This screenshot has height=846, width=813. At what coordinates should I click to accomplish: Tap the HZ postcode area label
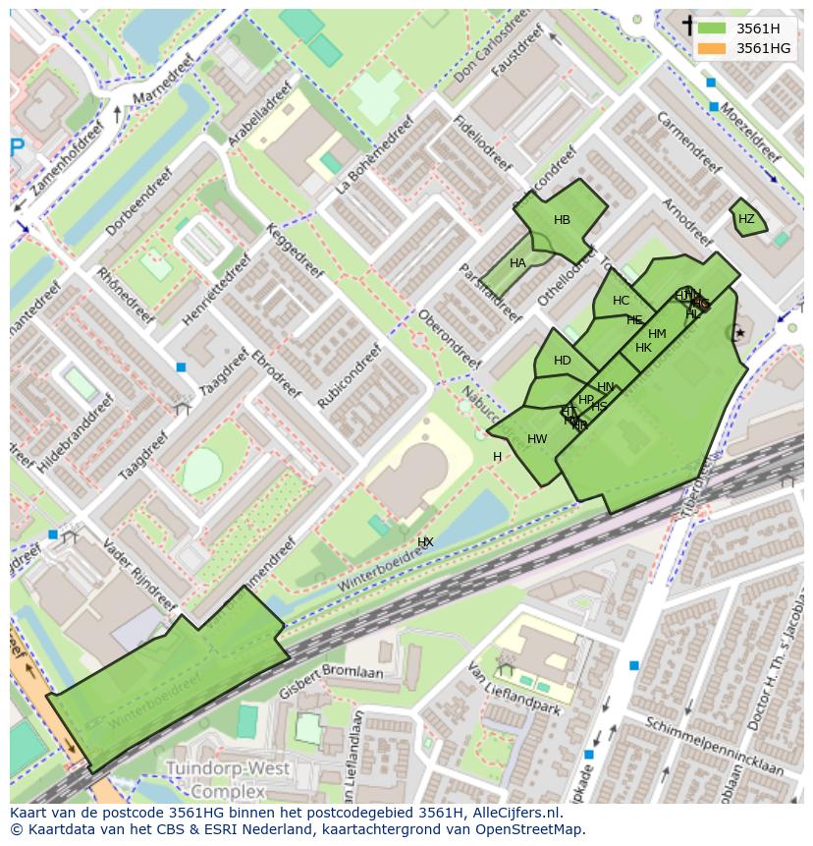tap(746, 219)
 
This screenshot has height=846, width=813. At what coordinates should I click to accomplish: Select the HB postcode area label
tap(562, 220)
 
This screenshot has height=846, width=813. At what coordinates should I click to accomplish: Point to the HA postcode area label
tap(517, 263)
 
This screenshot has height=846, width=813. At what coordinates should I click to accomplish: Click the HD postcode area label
tap(562, 361)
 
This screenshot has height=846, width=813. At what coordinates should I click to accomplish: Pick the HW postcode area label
tap(537, 439)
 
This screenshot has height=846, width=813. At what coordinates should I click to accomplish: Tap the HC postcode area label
tap(621, 301)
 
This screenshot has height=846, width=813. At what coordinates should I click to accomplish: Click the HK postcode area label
tap(643, 348)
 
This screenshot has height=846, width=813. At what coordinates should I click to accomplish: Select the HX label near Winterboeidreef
tap(425, 542)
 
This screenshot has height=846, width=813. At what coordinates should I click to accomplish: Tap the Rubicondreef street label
tap(350, 375)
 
